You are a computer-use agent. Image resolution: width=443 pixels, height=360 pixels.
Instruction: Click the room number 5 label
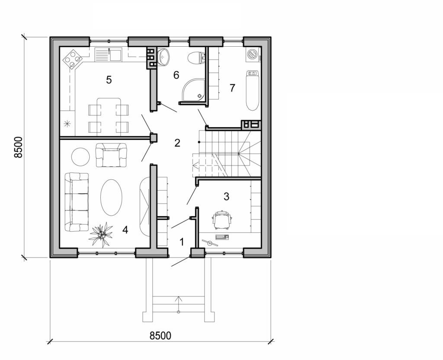pos(109,80)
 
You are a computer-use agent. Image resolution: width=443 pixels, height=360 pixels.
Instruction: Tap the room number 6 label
pos(176,75)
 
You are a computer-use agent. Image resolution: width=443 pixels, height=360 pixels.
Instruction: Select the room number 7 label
pos(232,88)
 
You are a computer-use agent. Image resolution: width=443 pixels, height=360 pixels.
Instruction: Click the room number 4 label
pos(125,230)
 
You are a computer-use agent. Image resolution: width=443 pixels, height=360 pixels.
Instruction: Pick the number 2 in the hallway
pos(177,143)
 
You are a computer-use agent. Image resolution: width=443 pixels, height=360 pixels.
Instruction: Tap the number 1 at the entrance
pos(182,242)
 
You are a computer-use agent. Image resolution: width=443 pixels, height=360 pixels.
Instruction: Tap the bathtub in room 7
pos(252,90)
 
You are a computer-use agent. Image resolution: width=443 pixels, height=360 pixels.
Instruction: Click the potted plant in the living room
pos(101,234)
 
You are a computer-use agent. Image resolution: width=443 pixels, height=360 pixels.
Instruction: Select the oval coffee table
pos(111,198)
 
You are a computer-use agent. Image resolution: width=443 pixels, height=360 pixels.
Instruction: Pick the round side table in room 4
pos(80,156)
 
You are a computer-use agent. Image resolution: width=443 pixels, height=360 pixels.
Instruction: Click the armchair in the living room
pos(111,155)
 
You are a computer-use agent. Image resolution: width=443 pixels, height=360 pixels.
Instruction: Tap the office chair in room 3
pos(222,219)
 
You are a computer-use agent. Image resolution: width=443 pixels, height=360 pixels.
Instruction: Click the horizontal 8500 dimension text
pos(160,335)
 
